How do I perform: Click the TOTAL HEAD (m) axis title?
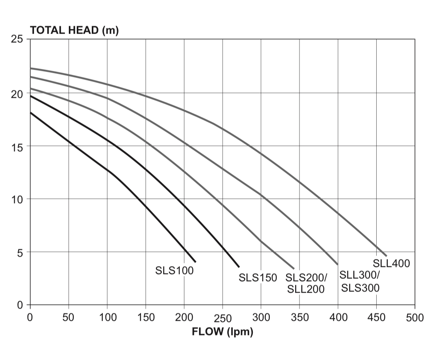(74, 31)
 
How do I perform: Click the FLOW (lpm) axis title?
(222, 332)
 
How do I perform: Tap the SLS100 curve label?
(174, 271)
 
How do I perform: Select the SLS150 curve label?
(258, 278)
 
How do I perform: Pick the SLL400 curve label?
(391, 263)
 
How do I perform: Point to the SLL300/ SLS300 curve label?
(360, 282)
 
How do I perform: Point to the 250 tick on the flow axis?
(222, 318)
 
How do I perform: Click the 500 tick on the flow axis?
(415, 318)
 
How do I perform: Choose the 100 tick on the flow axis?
(107, 317)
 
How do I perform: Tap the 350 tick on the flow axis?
(299, 317)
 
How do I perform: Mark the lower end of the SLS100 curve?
(195, 262)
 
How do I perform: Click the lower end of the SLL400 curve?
(386, 256)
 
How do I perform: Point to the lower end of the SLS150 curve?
(239, 267)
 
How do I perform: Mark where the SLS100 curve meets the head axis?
(30, 112)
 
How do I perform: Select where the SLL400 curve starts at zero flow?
(30, 68)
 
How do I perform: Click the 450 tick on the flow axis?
(376, 317)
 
